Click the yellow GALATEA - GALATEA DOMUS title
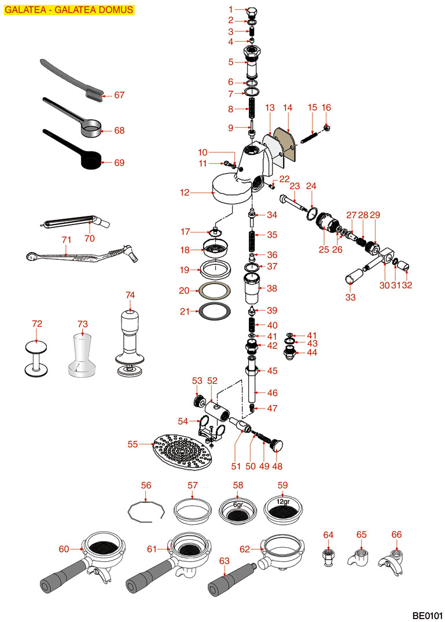click(x=69, y=9)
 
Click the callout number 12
click(x=185, y=193)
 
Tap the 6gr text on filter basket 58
click(x=238, y=504)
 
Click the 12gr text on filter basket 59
click(x=282, y=502)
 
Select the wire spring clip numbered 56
click(x=146, y=511)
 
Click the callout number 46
click(x=271, y=393)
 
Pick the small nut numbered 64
click(x=329, y=557)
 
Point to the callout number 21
click(x=185, y=311)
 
